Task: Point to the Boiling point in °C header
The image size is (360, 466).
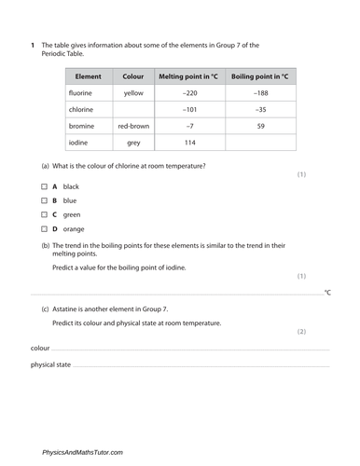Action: (x=261, y=76)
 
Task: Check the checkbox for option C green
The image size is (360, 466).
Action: (x=45, y=214)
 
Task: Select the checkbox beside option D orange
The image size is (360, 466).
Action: (x=45, y=228)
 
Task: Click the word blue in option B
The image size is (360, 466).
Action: (x=70, y=200)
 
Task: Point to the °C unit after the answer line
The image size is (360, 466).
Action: (x=326, y=294)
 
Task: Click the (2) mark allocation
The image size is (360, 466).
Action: (x=301, y=331)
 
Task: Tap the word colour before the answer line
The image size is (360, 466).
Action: (x=40, y=348)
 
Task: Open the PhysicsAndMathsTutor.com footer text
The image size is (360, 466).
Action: (x=82, y=452)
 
